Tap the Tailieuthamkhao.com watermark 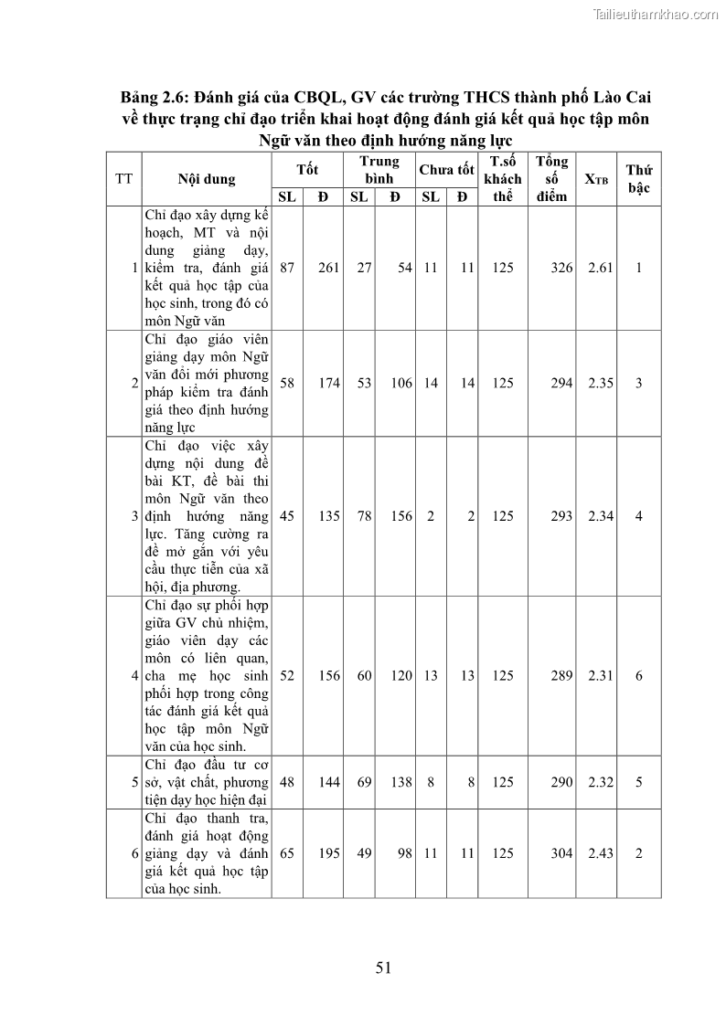[x=656, y=14]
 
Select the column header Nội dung [x=207, y=179]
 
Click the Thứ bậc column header [x=638, y=179]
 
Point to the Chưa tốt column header [x=446, y=170]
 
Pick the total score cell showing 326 [x=561, y=268]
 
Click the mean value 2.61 [x=601, y=268]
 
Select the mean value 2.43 [x=601, y=853]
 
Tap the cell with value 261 [x=329, y=268]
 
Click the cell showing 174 [x=329, y=383]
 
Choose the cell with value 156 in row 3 [x=401, y=516]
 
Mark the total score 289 [x=561, y=676]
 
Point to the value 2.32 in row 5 [x=601, y=782]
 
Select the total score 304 [x=561, y=853]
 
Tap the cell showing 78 [x=364, y=516]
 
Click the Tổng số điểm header [x=551, y=179]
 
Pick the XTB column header [x=596, y=179]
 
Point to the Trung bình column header [x=379, y=170]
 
